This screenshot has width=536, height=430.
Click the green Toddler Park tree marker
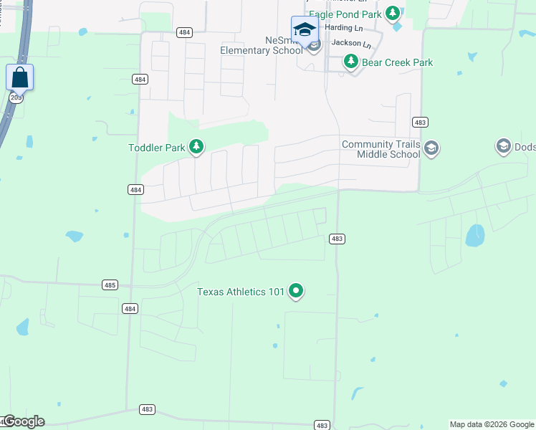[196, 148]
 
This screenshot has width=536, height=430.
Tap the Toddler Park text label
[156, 148]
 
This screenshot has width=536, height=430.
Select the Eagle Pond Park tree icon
[392, 13]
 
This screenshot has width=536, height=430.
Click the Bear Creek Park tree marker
[351, 62]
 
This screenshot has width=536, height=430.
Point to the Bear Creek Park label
[397, 62]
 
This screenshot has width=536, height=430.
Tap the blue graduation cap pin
[305, 30]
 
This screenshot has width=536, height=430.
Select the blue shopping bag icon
[20, 77]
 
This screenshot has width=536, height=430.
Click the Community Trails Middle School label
[381, 149]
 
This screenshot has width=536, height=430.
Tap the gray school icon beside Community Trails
[431, 149]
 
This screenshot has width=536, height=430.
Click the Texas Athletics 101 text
[241, 292]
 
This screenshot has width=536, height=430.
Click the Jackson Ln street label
[350, 44]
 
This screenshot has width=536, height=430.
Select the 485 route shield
[110, 285]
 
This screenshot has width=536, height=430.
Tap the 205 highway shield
[15, 97]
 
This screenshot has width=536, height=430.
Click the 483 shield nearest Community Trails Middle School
[420, 123]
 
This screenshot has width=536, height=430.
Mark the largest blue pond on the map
[474, 235]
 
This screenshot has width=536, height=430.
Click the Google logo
[24, 421]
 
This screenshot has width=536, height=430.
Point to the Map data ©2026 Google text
[491, 424]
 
